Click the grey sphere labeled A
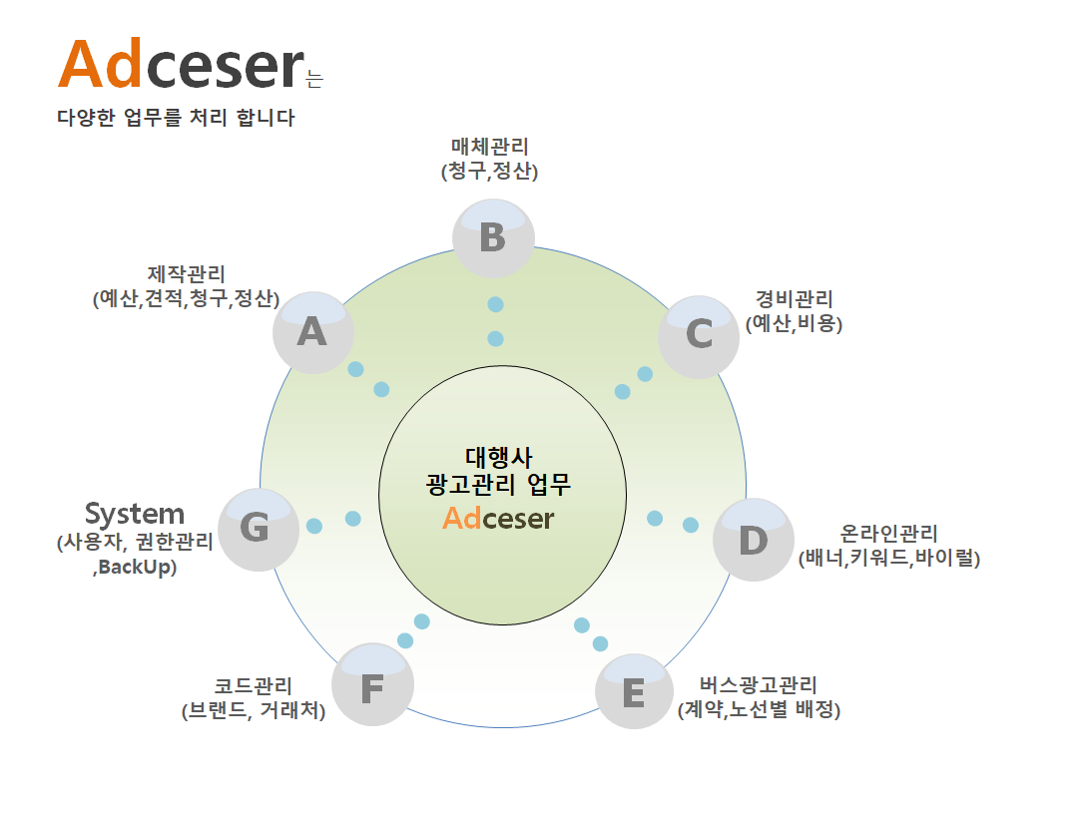pyautogui.click(x=313, y=333)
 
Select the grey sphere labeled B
pyautogui.click(x=494, y=238)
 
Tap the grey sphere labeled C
pyautogui.click(x=699, y=337)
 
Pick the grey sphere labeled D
pyautogui.click(x=754, y=540)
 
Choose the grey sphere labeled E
pyautogui.click(x=634, y=691)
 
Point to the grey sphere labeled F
pyautogui.click(x=372, y=684)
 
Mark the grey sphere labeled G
pyautogui.click(x=259, y=529)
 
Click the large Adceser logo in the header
pyautogui.click(x=182, y=65)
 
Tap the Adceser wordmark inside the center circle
pyautogui.click(x=498, y=518)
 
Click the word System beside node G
pyautogui.click(x=135, y=514)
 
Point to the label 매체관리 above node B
pyautogui.click(x=489, y=147)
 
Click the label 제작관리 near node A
pyautogui.click(x=187, y=274)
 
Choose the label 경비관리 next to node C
pyautogui.click(x=795, y=299)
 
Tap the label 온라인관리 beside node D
pyautogui.click(x=889, y=534)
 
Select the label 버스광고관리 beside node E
pyautogui.click(x=759, y=685)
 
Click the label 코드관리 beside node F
pyautogui.click(x=253, y=686)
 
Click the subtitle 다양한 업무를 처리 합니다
pyautogui.click(x=176, y=118)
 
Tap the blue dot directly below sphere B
pyautogui.click(x=495, y=304)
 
